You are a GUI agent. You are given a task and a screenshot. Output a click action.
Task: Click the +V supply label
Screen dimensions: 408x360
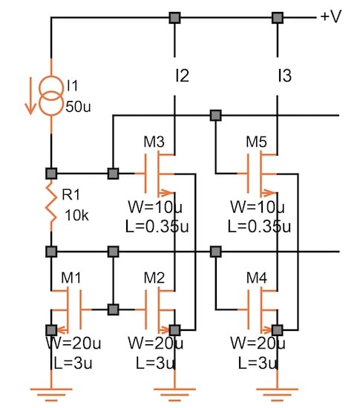(x=330, y=17)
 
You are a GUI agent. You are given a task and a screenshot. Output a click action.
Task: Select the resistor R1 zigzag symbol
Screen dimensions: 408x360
(x=50, y=205)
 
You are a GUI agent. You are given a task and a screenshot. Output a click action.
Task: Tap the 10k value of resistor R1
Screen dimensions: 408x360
(x=76, y=215)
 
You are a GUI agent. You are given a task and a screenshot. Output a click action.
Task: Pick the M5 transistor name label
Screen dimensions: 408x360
(x=256, y=141)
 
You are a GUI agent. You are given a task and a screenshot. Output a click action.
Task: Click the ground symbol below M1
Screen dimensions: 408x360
(x=50, y=388)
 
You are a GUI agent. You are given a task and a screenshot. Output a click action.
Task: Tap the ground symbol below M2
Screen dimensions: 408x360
(x=174, y=388)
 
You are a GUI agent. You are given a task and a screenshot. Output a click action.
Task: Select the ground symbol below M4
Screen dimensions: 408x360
(x=277, y=388)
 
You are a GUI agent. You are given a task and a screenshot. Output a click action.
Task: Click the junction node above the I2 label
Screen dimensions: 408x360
(x=174, y=17)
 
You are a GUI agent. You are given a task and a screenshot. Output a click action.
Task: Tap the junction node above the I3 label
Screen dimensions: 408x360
(x=278, y=17)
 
